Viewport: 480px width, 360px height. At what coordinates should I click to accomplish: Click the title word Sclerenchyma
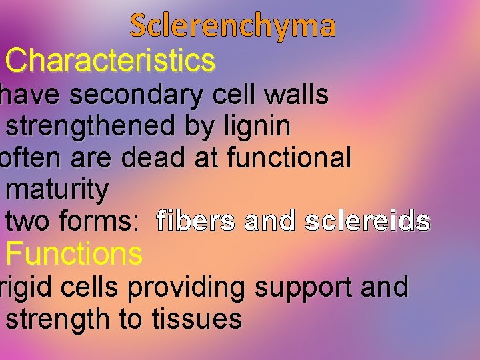click(233, 25)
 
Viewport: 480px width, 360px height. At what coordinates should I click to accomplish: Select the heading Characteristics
click(110, 61)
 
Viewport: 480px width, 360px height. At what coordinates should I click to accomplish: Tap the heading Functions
click(74, 254)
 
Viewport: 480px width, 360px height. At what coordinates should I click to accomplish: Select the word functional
click(289, 158)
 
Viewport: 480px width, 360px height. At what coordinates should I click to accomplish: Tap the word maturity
click(57, 190)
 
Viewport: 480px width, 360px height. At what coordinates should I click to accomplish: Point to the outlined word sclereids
click(367, 221)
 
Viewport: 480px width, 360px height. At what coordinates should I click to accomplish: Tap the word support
click(303, 288)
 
